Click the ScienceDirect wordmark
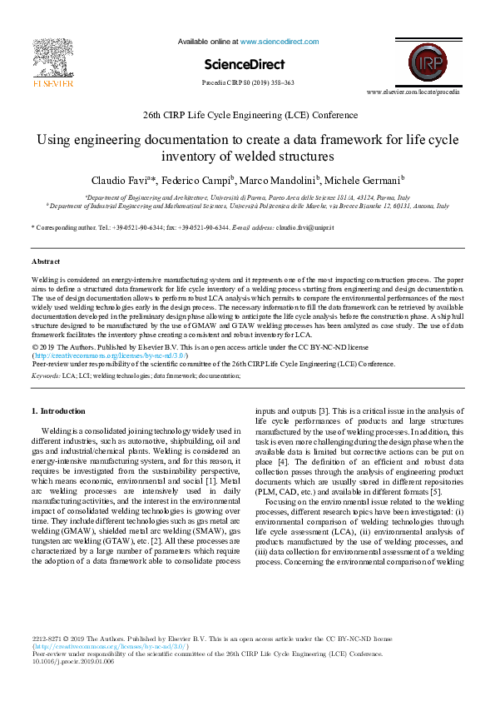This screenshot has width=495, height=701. tap(244, 64)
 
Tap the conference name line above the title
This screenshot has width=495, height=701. tap(247, 116)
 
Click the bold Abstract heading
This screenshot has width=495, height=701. tap(46, 261)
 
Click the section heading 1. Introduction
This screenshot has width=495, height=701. tap(58, 410)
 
